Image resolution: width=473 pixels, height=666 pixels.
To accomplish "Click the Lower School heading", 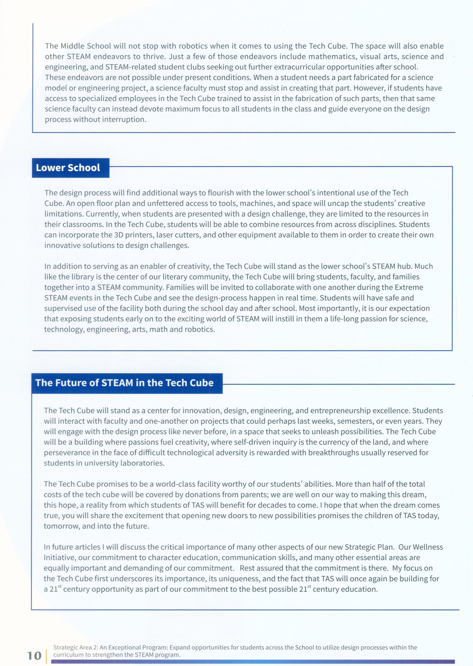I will click(x=68, y=168).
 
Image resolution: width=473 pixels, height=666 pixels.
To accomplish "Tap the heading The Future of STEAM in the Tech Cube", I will click(x=124, y=383).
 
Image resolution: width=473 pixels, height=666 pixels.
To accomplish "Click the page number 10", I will click(x=34, y=656).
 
